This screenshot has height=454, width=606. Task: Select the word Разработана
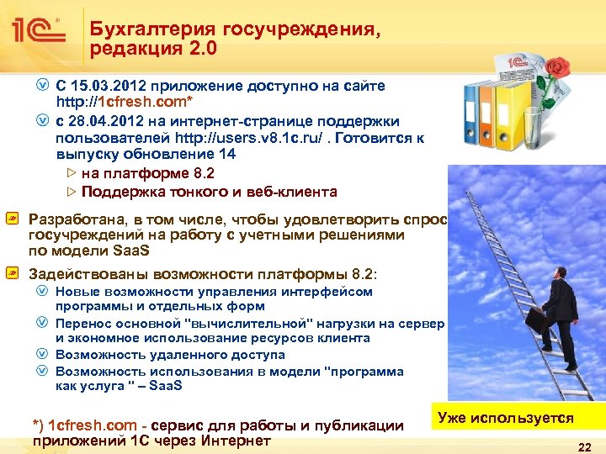point(73,219)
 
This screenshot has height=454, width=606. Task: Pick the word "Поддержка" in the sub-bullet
point(120,192)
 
